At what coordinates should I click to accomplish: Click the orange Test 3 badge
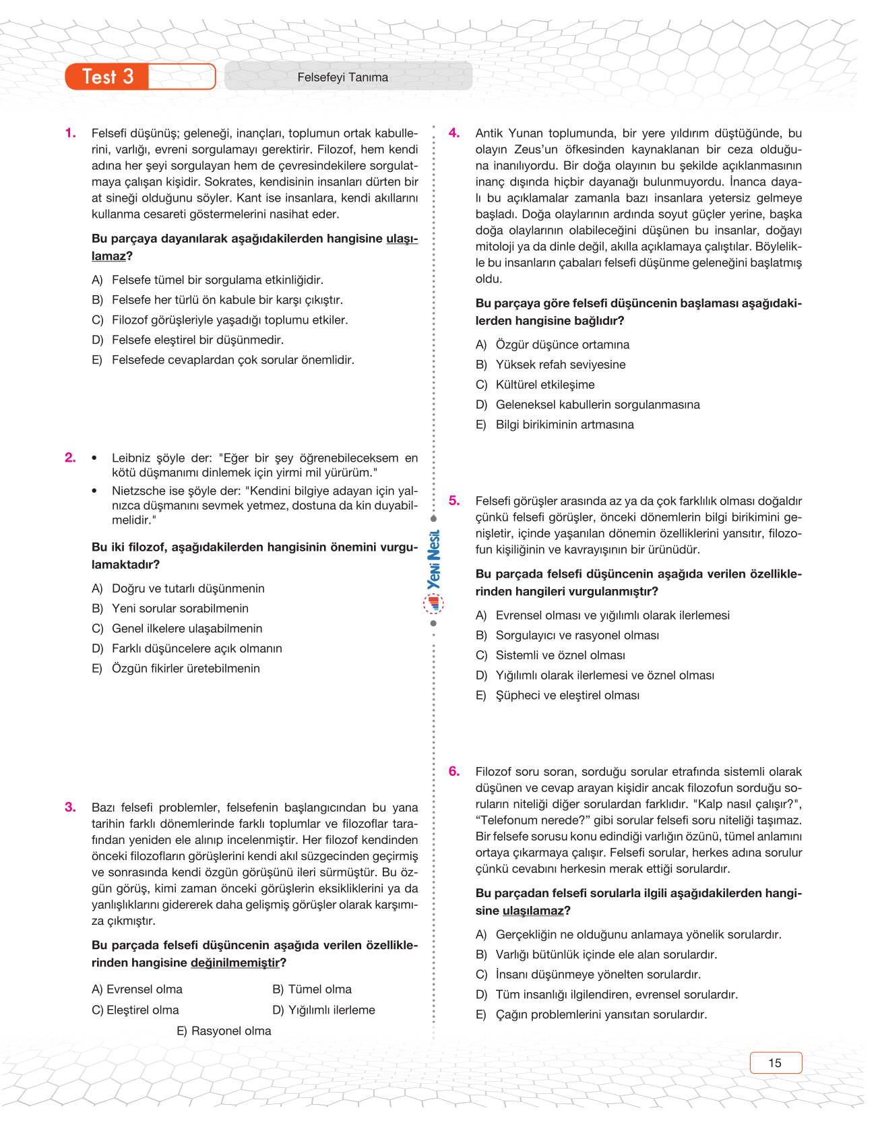108,77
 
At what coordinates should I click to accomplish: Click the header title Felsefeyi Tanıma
342,78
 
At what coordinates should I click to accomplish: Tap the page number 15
775,1063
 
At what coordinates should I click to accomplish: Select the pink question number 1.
71,133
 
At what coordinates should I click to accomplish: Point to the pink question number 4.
455,133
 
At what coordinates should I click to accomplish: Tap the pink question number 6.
455,771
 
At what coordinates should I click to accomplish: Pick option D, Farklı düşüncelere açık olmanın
196,648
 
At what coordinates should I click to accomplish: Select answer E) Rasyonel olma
224,1031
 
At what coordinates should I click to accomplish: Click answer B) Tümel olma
312,989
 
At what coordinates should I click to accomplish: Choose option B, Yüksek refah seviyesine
560,365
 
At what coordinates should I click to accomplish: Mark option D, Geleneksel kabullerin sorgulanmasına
597,405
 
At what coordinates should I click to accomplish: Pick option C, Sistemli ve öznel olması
560,655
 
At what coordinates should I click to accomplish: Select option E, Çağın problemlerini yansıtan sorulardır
600,1014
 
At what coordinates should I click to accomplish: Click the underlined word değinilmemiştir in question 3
234,963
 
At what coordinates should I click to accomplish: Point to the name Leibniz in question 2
131,458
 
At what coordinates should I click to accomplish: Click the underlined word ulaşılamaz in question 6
533,911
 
